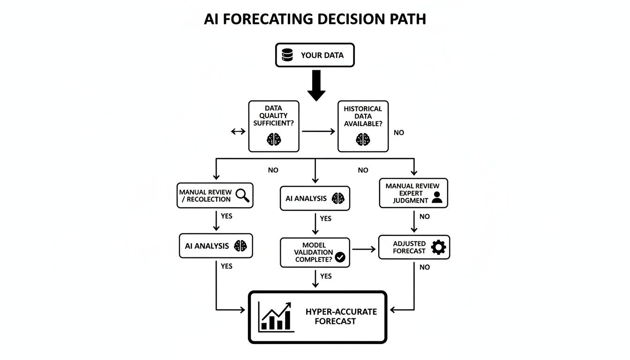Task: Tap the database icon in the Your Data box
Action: [x=287, y=55]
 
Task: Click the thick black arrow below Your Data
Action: [x=316, y=85]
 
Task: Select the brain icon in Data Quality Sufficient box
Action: [x=274, y=138]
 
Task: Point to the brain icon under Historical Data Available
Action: [x=363, y=139]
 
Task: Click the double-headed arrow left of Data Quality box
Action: [x=238, y=132]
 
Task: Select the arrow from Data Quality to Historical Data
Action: [x=319, y=132]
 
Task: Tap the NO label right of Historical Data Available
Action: [x=399, y=133]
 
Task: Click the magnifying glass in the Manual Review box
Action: [x=242, y=195]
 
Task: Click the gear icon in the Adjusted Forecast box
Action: [x=438, y=247]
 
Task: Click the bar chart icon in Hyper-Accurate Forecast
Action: [x=276, y=317]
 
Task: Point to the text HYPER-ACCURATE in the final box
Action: [x=341, y=312]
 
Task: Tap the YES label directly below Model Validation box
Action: [x=326, y=276]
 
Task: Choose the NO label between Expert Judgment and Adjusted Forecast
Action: [x=425, y=217]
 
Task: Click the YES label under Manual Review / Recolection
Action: [x=226, y=216]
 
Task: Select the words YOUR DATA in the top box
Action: [x=322, y=55]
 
